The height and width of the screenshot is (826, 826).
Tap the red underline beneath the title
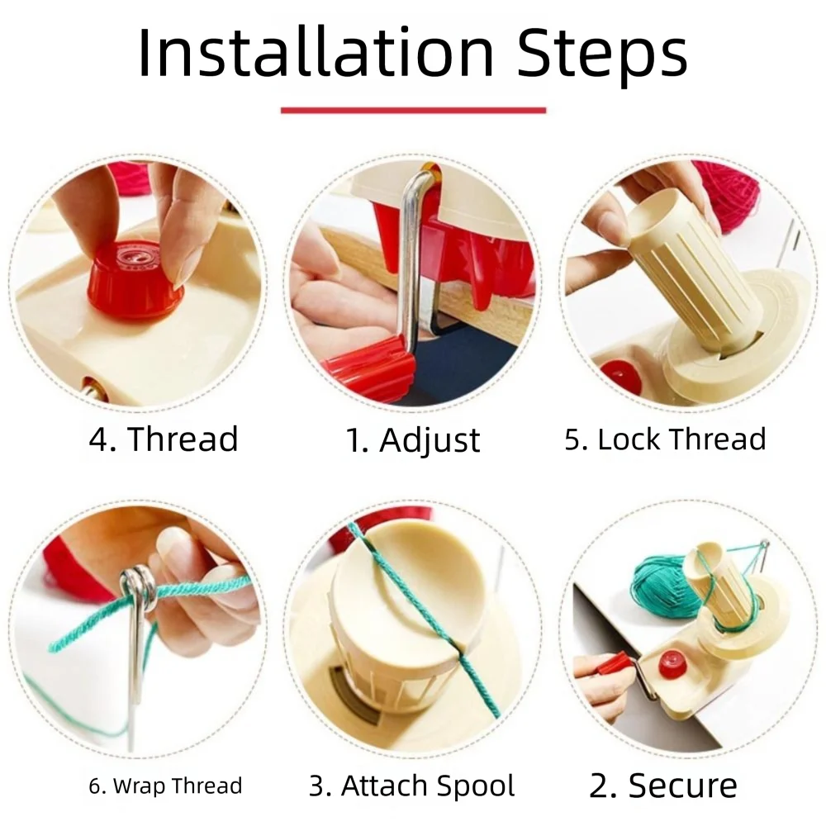pyautogui.click(x=413, y=110)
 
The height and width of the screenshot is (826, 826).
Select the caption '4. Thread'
pyautogui.click(x=164, y=439)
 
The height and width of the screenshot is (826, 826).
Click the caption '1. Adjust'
pyautogui.click(x=412, y=440)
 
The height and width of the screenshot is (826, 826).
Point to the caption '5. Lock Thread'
pyautogui.click(x=665, y=439)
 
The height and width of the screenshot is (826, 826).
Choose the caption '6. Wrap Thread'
pyautogui.click(x=165, y=785)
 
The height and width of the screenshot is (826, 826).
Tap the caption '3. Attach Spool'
pyautogui.click(x=412, y=786)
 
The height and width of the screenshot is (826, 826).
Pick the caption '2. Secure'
pyautogui.click(x=663, y=786)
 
